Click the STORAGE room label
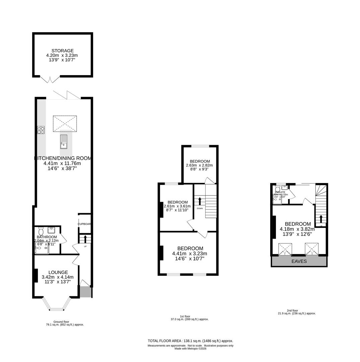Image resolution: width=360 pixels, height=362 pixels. tap(62, 51)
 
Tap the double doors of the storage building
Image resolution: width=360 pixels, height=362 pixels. tap(50, 80)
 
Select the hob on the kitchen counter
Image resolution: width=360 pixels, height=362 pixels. tap(41, 130)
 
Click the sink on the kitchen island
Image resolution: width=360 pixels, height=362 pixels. tap(64, 141)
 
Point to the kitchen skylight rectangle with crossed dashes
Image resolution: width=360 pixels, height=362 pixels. tap(65, 123)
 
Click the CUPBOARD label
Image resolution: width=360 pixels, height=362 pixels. tap(84, 224)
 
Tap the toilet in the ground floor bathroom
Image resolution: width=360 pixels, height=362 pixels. tap(41, 231)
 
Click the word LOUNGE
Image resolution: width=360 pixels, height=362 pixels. tap(58, 273)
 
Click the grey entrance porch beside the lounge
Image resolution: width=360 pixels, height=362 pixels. tap(85, 292)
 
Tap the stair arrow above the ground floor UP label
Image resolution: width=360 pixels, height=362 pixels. tap(85, 239)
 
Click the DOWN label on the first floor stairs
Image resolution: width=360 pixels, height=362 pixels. tap(200, 208)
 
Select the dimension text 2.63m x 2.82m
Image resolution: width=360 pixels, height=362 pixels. tap(199, 165)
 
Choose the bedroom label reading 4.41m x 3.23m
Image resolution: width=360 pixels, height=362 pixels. tap(190, 253)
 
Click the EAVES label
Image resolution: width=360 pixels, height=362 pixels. tap(299, 261)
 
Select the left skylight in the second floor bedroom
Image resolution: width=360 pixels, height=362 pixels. tap(285, 249)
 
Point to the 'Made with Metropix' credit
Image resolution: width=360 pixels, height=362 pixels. tap(190, 349)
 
